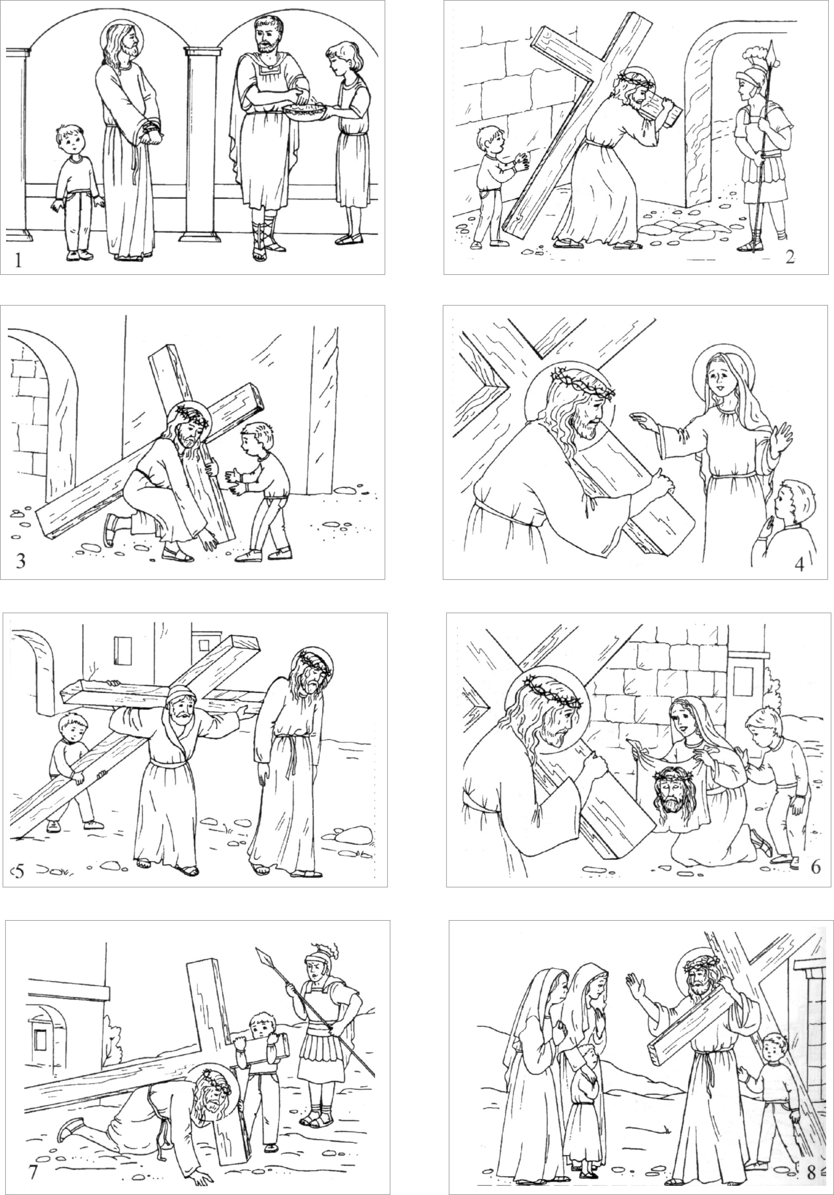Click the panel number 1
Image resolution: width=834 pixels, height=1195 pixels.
(x=18, y=260)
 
